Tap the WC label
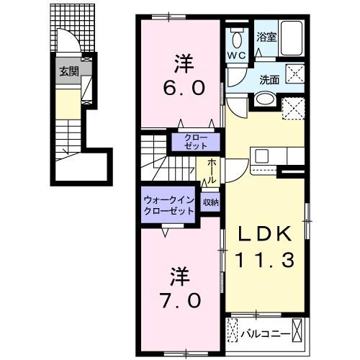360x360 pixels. pyautogui.click(x=237, y=54)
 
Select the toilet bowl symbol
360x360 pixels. pyautogui.click(x=237, y=37)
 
